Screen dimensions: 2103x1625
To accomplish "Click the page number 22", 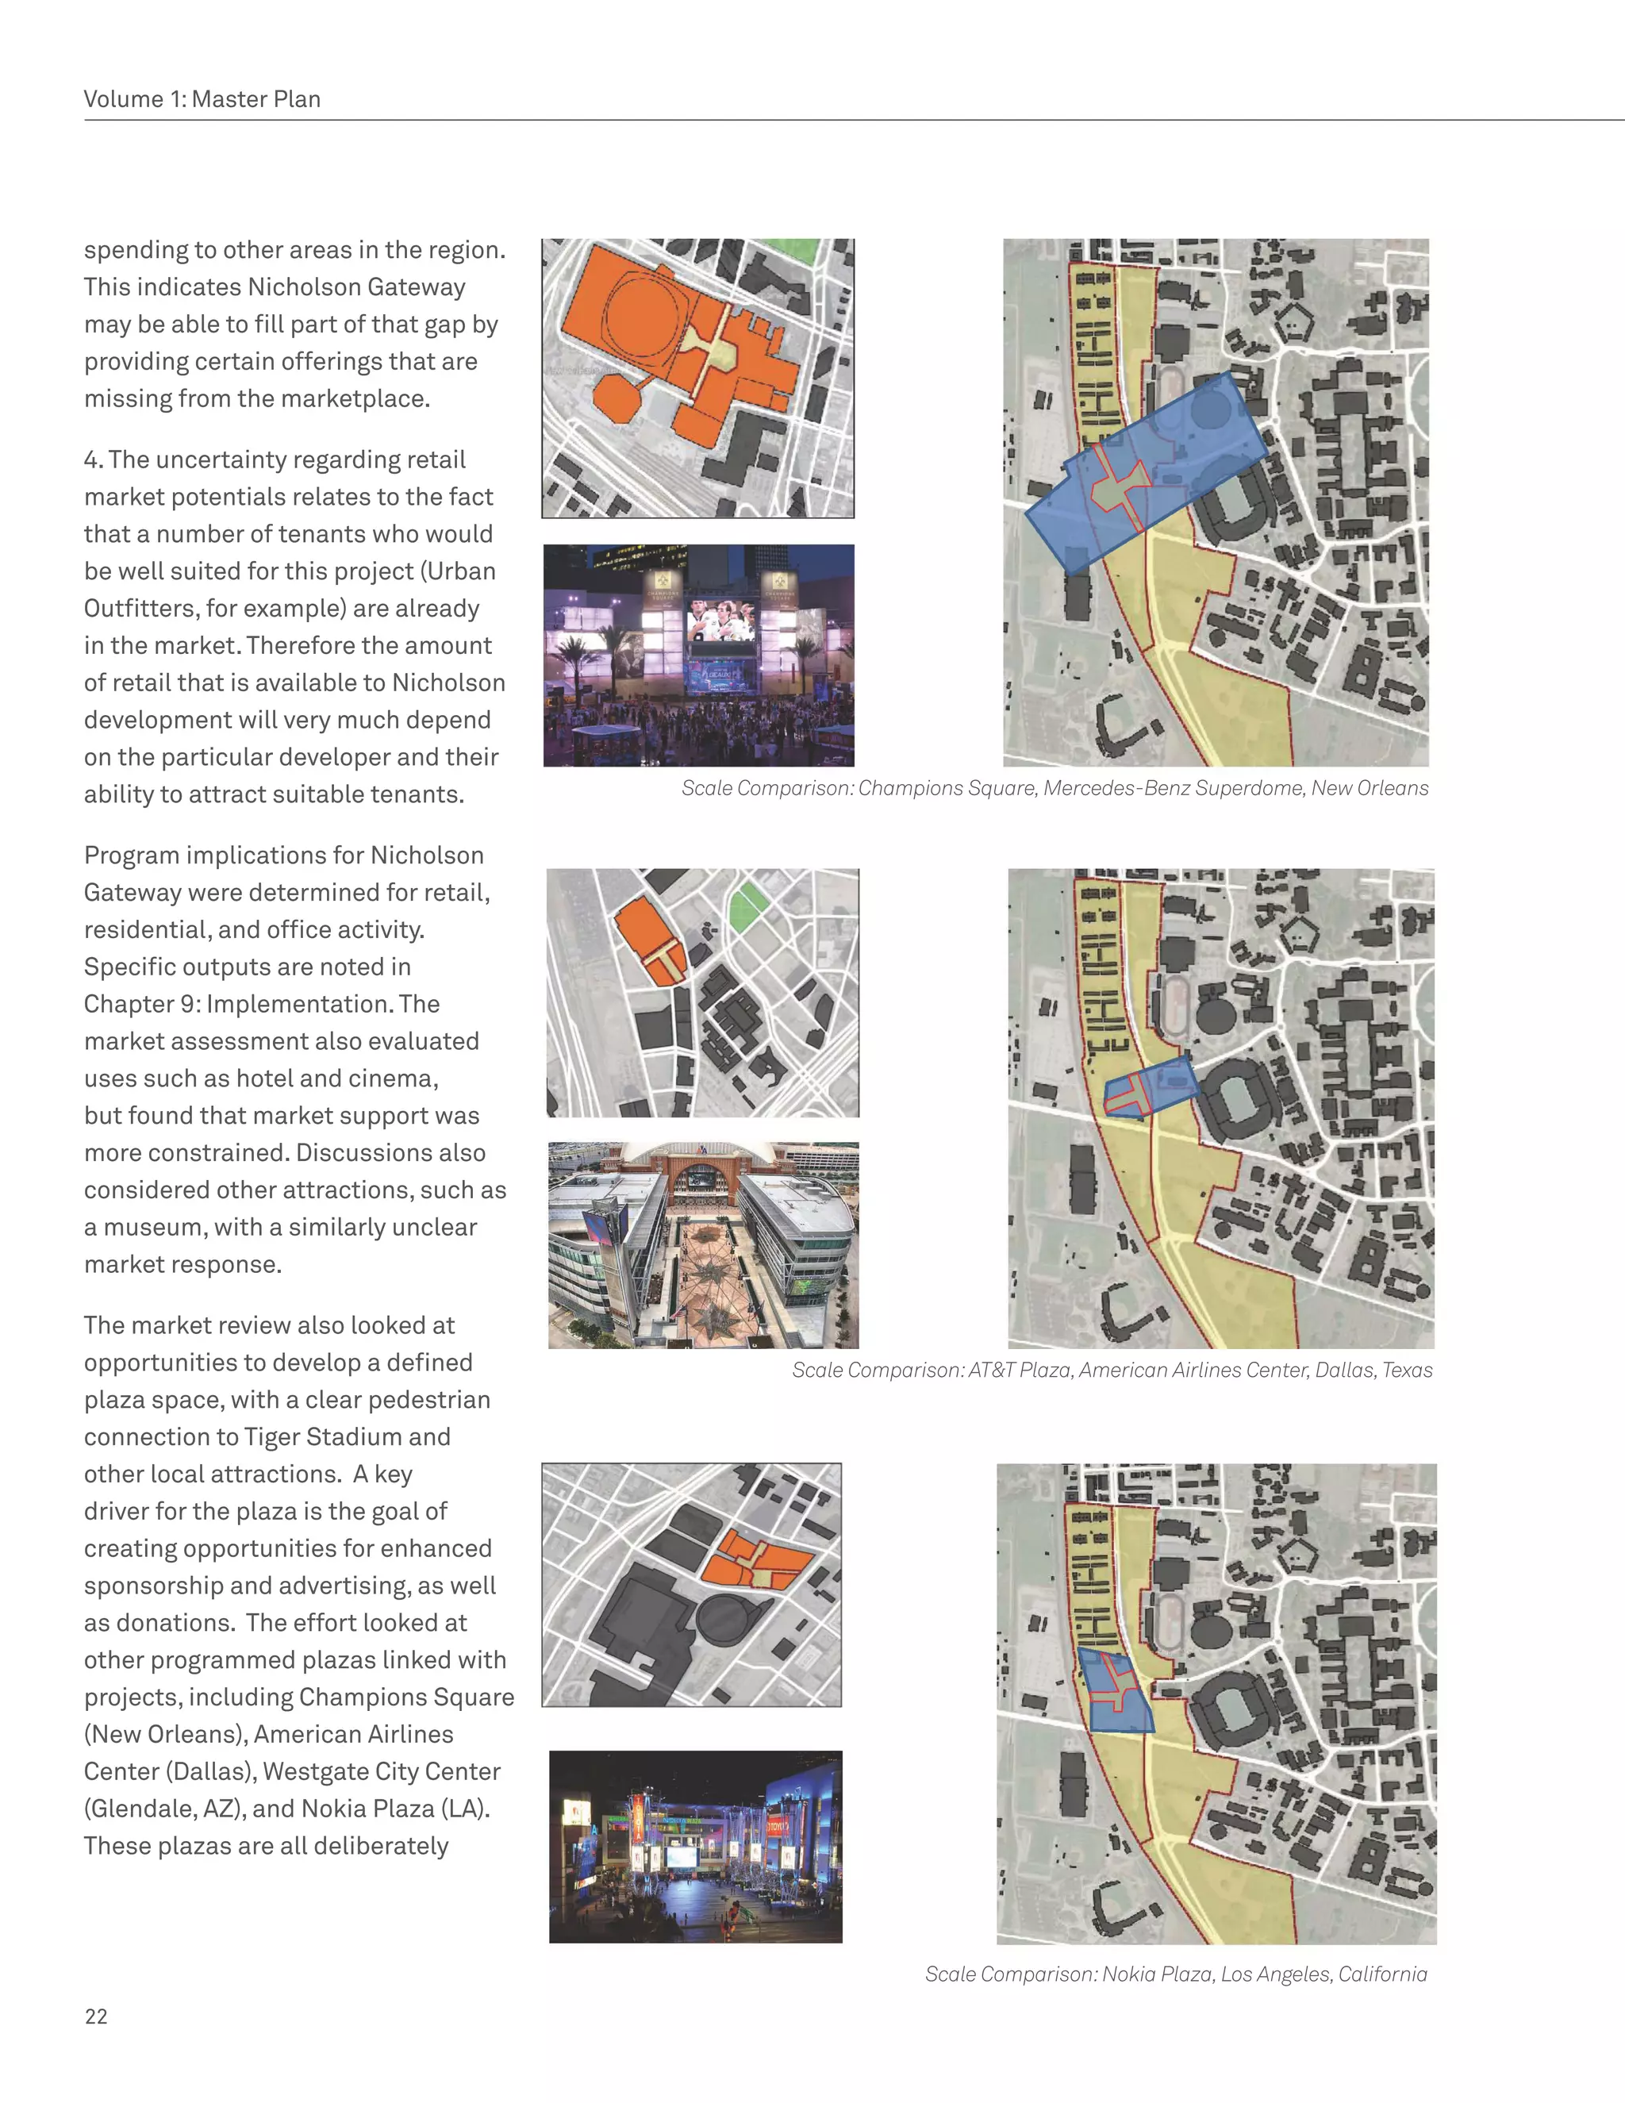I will click(96, 2016).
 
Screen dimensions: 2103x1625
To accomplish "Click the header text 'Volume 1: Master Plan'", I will click(202, 99).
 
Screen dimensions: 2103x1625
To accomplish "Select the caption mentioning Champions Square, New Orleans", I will click(1055, 788).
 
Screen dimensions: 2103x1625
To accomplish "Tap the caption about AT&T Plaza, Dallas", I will click(1112, 1369).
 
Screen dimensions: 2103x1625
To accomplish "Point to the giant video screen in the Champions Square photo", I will click(721, 626).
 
